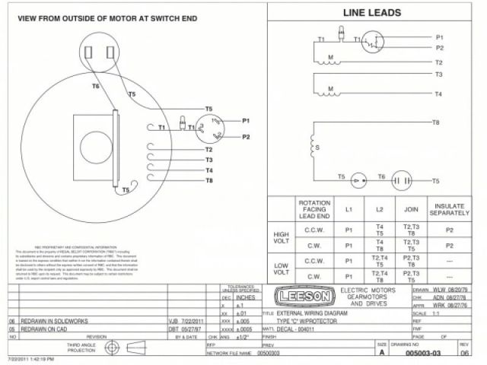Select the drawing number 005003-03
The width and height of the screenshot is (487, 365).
pyautogui.click(x=423, y=353)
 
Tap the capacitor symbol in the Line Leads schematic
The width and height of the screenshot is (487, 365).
pyautogui.click(x=401, y=181)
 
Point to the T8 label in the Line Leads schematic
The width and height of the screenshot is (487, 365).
pyautogui.click(x=436, y=122)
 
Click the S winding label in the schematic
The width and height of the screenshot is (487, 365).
pyautogui.click(x=317, y=147)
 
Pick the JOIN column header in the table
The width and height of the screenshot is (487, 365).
pyautogui.click(x=412, y=209)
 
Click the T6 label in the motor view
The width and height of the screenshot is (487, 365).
pyautogui.click(x=96, y=87)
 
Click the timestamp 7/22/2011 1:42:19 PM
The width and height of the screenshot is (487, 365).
pyautogui.click(x=30, y=359)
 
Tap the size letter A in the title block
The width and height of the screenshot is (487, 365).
pyautogui.click(x=381, y=353)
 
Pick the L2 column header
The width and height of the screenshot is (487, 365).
pyautogui.click(x=379, y=209)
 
